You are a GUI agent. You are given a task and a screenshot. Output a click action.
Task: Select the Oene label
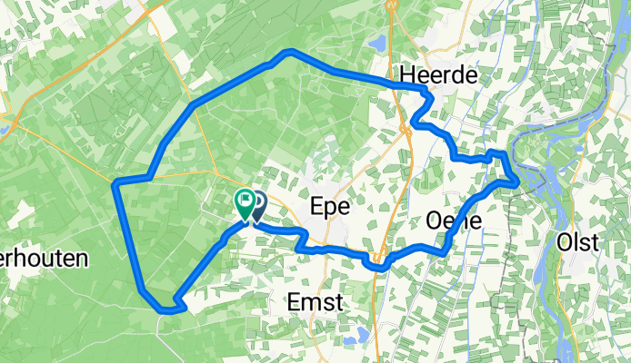pyautogui.click(x=453, y=221)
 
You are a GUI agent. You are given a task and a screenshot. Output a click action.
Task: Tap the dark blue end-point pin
pyautogui.click(x=258, y=203)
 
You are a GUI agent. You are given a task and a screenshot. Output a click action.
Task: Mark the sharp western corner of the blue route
pyautogui.click(x=115, y=184)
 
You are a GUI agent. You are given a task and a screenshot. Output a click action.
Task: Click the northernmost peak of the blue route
pyautogui.click(x=290, y=51)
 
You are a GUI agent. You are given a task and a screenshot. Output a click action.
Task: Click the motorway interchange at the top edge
pyautogui.click(x=393, y=5)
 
